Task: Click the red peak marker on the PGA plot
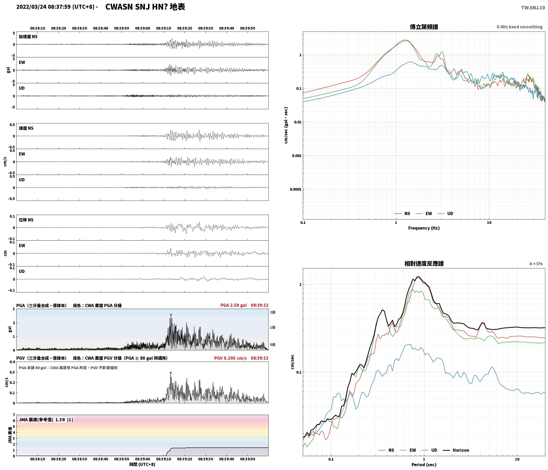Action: pyautogui.click(x=171, y=315)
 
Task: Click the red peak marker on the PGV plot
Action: pyautogui.click(x=171, y=373)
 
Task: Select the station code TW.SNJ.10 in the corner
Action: pyautogui.click(x=533, y=8)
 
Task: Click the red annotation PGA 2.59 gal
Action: pyautogui.click(x=233, y=305)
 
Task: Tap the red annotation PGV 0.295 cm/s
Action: pyautogui.click(x=230, y=358)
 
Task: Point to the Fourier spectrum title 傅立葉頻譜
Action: pyautogui.click(x=424, y=27)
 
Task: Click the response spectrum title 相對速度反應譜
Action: pyautogui.click(x=424, y=264)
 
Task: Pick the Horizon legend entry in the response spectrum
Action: pyautogui.click(x=456, y=450)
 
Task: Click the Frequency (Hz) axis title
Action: pyautogui.click(x=424, y=228)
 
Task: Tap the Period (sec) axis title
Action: pyautogui.click(x=424, y=464)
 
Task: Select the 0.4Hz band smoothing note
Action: pyautogui.click(x=519, y=27)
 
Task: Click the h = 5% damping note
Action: pyautogui.click(x=536, y=264)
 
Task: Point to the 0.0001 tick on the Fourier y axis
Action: pyautogui.click(x=295, y=189)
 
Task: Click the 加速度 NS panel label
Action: pyautogui.click(x=28, y=37)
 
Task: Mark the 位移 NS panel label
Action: pyautogui.click(x=26, y=220)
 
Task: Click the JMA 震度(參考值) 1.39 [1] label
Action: pyautogui.click(x=46, y=420)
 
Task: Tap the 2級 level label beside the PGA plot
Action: pyautogui.click(x=272, y=312)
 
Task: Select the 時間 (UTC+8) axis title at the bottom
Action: pyautogui.click(x=142, y=464)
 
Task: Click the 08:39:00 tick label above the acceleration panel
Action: pyautogui.click(x=143, y=28)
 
